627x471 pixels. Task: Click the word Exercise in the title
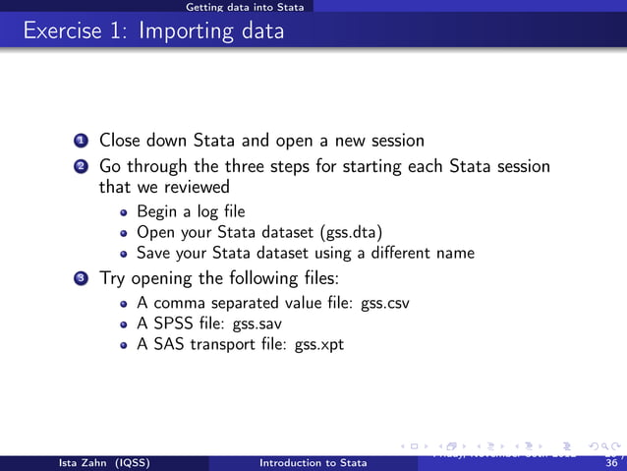coord(61,31)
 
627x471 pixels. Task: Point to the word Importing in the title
coord(177,31)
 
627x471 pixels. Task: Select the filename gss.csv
coord(384,303)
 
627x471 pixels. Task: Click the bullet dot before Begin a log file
coord(123,211)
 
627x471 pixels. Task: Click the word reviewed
coord(197,187)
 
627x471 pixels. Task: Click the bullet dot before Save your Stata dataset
coord(123,253)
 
